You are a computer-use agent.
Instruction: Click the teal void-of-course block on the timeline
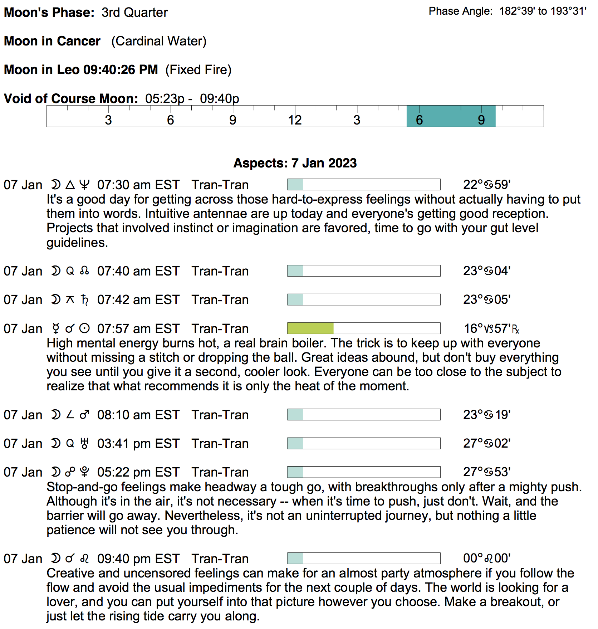[451, 116]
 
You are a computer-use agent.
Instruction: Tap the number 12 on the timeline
[295, 120]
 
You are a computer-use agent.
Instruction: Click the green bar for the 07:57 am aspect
[310, 328]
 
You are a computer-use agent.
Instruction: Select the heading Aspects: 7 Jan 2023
[295, 163]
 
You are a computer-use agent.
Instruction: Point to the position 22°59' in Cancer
[486, 185]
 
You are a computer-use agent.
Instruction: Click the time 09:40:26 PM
[120, 70]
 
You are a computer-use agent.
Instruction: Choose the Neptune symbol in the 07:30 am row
[84, 185]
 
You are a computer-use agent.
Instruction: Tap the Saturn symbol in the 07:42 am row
[84, 300]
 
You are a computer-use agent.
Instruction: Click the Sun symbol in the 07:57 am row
[84, 328]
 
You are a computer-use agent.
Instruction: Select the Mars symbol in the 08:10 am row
[84, 415]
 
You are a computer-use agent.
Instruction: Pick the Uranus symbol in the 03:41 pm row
[84, 444]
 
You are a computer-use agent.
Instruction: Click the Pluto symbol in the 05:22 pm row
[84, 472]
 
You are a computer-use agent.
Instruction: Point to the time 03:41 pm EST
[138, 444]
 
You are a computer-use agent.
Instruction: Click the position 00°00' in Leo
[486, 558]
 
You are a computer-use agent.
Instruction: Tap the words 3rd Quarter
[134, 13]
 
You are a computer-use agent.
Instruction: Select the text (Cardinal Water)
[159, 41]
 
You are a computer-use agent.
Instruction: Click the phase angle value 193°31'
[568, 11]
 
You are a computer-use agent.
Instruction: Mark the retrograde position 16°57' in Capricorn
[491, 328]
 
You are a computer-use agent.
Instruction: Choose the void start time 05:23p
[165, 99]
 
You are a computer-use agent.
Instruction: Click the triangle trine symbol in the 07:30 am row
[70, 185]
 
